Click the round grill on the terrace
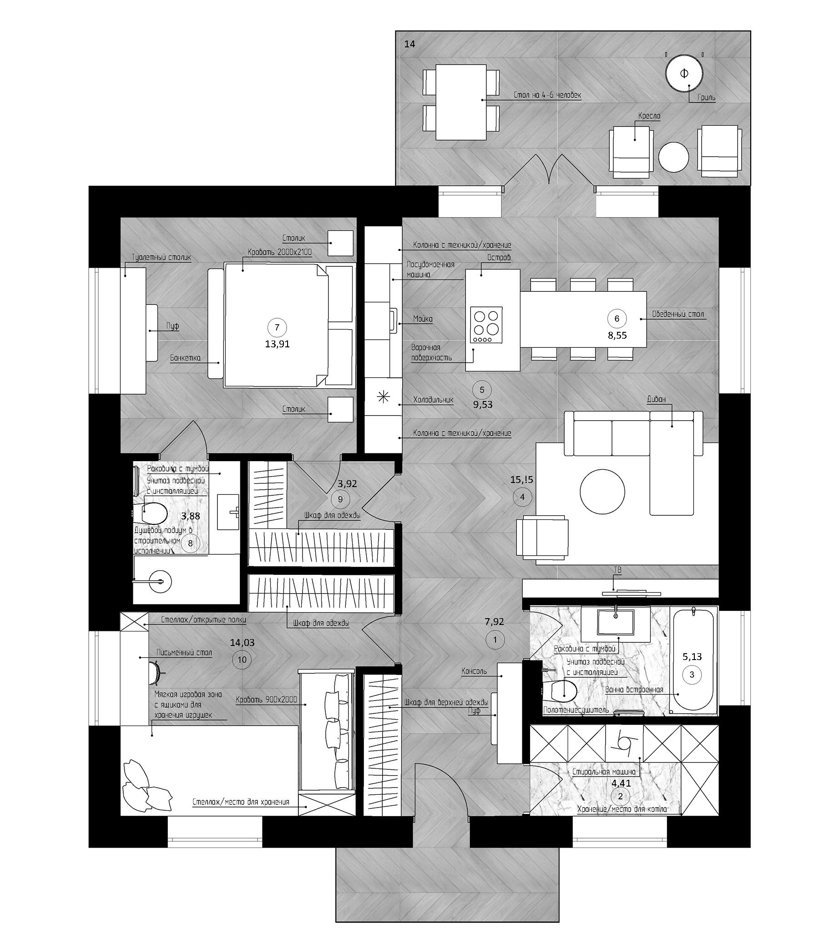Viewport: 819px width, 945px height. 684,74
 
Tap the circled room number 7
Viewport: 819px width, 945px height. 277,327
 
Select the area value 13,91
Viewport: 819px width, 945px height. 277,344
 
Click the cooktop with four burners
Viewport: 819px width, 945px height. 487,325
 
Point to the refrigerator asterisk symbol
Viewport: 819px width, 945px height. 383,397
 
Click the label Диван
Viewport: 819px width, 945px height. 656,399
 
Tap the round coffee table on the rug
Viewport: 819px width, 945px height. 602,492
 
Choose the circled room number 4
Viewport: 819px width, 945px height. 522,497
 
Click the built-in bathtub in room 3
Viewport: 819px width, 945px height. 693,661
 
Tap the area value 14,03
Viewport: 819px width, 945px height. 242,642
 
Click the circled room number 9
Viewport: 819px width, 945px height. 340,499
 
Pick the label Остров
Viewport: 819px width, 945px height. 499,258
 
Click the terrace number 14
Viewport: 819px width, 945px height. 410,44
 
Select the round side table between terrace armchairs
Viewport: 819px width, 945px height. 674,157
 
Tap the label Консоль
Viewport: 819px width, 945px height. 474,671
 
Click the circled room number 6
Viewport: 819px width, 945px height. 617,319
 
